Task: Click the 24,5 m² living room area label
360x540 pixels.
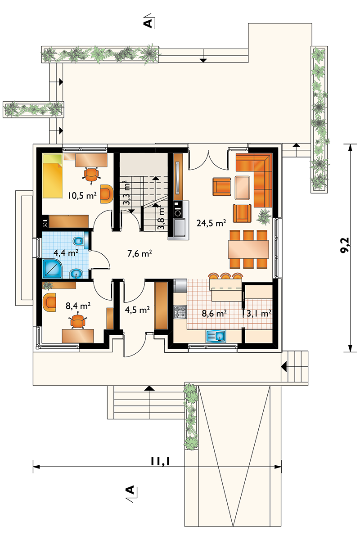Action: point(211,222)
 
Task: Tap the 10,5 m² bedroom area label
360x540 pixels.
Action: point(81,195)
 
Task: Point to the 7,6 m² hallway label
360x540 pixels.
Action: point(139,253)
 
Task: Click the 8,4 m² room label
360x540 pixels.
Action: point(78,306)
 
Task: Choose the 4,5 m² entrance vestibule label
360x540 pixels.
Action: point(137,310)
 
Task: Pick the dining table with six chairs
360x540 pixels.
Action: point(248,249)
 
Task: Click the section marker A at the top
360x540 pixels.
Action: point(148,22)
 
